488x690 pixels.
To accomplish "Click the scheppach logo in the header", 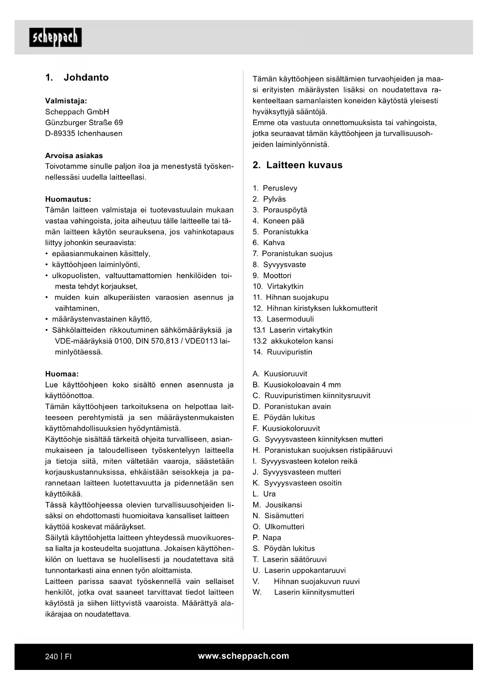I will [x=55, y=37].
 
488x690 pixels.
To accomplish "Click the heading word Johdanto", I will [x=86, y=77].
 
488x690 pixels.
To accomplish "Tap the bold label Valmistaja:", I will [x=66, y=101].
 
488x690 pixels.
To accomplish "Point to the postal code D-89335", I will [x=60, y=134].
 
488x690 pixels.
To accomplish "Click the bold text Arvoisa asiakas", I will [x=74, y=156].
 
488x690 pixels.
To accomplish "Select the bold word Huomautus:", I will [x=68, y=199].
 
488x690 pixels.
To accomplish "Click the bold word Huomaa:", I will [x=62, y=374].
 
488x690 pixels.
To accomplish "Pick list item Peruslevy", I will [x=280, y=188].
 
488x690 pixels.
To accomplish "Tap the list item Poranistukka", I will [x=285, y=232].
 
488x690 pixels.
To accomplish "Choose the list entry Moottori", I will [x=277, y=276].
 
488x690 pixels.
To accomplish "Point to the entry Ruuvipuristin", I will [x=289, y=352].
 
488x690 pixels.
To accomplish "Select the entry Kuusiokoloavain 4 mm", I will [x=302, y=385].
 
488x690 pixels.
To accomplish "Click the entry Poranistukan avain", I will [x=297, y=407].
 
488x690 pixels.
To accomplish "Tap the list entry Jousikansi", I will [x=284, y=505].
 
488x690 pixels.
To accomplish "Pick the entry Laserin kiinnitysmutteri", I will [x=314, y=592].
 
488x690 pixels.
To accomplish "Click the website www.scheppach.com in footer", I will [x=243, y=656].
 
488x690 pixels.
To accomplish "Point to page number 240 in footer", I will [x=52, y=657].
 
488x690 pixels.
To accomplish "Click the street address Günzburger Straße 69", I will [x=84, y=123].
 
